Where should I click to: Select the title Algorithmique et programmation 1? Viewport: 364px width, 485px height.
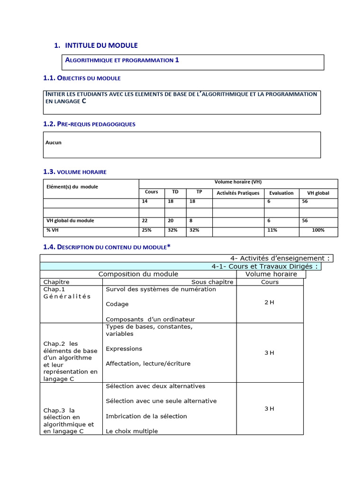[x=122, y=60]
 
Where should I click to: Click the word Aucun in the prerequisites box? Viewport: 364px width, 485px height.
[x=54, y=143]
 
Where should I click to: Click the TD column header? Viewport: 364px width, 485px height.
[x=175, y=192]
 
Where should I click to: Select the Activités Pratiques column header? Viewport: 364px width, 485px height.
[x=238, y=193]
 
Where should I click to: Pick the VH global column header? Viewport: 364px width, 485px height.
[x=318, y=193]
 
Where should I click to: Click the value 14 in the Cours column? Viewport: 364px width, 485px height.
[x=145, y=201]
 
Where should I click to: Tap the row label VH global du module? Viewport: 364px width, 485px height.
[x=70, y=220]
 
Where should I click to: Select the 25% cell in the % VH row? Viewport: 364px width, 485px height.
[x=146, y=230]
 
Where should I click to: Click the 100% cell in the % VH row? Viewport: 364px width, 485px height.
[x=318, y=230]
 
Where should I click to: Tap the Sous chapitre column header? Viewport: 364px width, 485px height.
[x=212, y=282]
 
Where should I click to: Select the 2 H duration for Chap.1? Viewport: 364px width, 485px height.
[x=269, y=302]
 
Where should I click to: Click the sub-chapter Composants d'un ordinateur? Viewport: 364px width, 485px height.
[x=150, y=319]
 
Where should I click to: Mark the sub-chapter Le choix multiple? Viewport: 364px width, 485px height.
[x=132, y=431]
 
